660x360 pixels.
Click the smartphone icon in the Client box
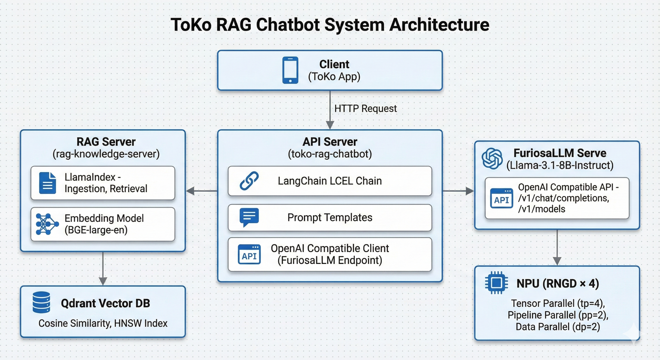(290, 70)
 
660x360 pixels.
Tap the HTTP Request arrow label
(365, 109)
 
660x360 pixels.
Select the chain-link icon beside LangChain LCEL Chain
(249, 181)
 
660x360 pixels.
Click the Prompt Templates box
(330, 218)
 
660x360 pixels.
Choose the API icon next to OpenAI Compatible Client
(249, 254)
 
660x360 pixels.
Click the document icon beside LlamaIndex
(48, 183)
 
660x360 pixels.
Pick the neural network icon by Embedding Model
(47, 224)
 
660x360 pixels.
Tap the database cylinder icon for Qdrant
(42, 302)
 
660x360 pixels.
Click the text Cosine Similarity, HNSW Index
(103, 323)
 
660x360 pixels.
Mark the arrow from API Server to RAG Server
(202, 191)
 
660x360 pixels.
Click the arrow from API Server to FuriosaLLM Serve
(458, 191)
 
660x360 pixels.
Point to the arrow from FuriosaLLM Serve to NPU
(557, 247)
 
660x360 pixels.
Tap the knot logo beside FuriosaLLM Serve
(492, 158)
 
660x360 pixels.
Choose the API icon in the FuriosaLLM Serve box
(502, 198)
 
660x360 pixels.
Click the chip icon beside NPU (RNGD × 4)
(496, 283)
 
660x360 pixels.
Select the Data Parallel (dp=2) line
(558, 327)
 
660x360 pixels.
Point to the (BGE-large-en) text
(96, 230)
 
